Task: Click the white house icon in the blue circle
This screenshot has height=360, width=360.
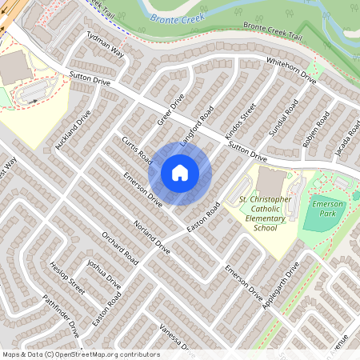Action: pos(180,172)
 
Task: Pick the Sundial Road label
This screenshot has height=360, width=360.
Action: pos(284,117)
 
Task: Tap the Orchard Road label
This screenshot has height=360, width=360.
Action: pos(121,249)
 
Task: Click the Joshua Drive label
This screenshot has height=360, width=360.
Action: pos(104,274)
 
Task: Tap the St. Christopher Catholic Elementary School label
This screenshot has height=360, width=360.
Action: pos(258,211)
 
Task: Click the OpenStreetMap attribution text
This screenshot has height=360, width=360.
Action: pos(81,354)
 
